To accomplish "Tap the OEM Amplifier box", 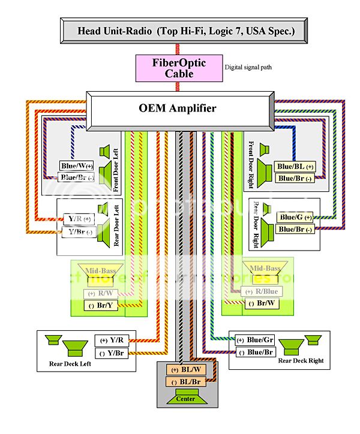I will [182, 108].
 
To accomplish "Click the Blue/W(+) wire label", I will [77, 165].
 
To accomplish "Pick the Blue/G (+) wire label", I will [296, 217].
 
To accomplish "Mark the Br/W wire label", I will [262, 303].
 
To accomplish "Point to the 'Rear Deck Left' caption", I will [70, 363].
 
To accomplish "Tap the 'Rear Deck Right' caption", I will [301, 360].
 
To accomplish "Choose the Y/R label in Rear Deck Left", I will [110, 340].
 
